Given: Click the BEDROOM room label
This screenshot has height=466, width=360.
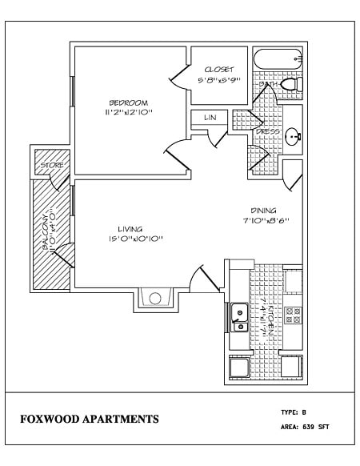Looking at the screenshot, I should pyautogui.click(x=128, y=102).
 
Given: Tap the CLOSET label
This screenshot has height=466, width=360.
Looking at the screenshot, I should pyautogui.click(x=218, y=70).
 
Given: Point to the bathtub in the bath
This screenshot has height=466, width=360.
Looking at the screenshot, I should pyautogui.click(x=278, y=60).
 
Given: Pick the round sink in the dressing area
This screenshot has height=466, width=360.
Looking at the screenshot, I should pyautogui.click(x=293, y=135).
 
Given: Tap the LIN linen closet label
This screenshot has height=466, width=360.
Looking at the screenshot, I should pyautogui.click(x=210, y=118).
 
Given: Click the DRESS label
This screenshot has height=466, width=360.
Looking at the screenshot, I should pyautogui.click(x=267, y=131).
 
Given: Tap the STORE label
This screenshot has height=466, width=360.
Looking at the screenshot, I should pyautogui.click(x=52, y=165).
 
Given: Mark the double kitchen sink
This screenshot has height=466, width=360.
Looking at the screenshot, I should pyautogui.click(x=238, y=317).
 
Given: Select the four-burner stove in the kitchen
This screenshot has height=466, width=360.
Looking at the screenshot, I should pyautogui.click(x=294, y=315).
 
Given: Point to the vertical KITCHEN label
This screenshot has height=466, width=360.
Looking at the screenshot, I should pyautogui.click(x=273, y=319).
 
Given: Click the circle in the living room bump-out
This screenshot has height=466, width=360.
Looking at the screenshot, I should pyautogui.click(x=155, y=299).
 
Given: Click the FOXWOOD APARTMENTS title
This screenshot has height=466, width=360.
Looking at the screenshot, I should pyautogui.click(x=89, y=419).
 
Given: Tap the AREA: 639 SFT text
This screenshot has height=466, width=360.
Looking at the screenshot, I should pyautogui.click(x=305, y=427).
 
